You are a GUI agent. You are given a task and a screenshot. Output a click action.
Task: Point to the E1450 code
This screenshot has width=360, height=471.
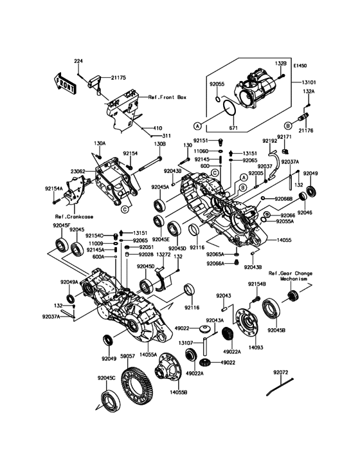click(302, 66)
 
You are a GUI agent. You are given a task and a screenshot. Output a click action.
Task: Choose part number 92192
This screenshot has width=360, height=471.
click(269, 140)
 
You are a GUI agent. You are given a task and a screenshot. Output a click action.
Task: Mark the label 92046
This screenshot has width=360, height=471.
click(305, 212)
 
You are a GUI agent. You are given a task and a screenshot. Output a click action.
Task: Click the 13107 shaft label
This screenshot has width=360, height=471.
click(186, 343)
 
